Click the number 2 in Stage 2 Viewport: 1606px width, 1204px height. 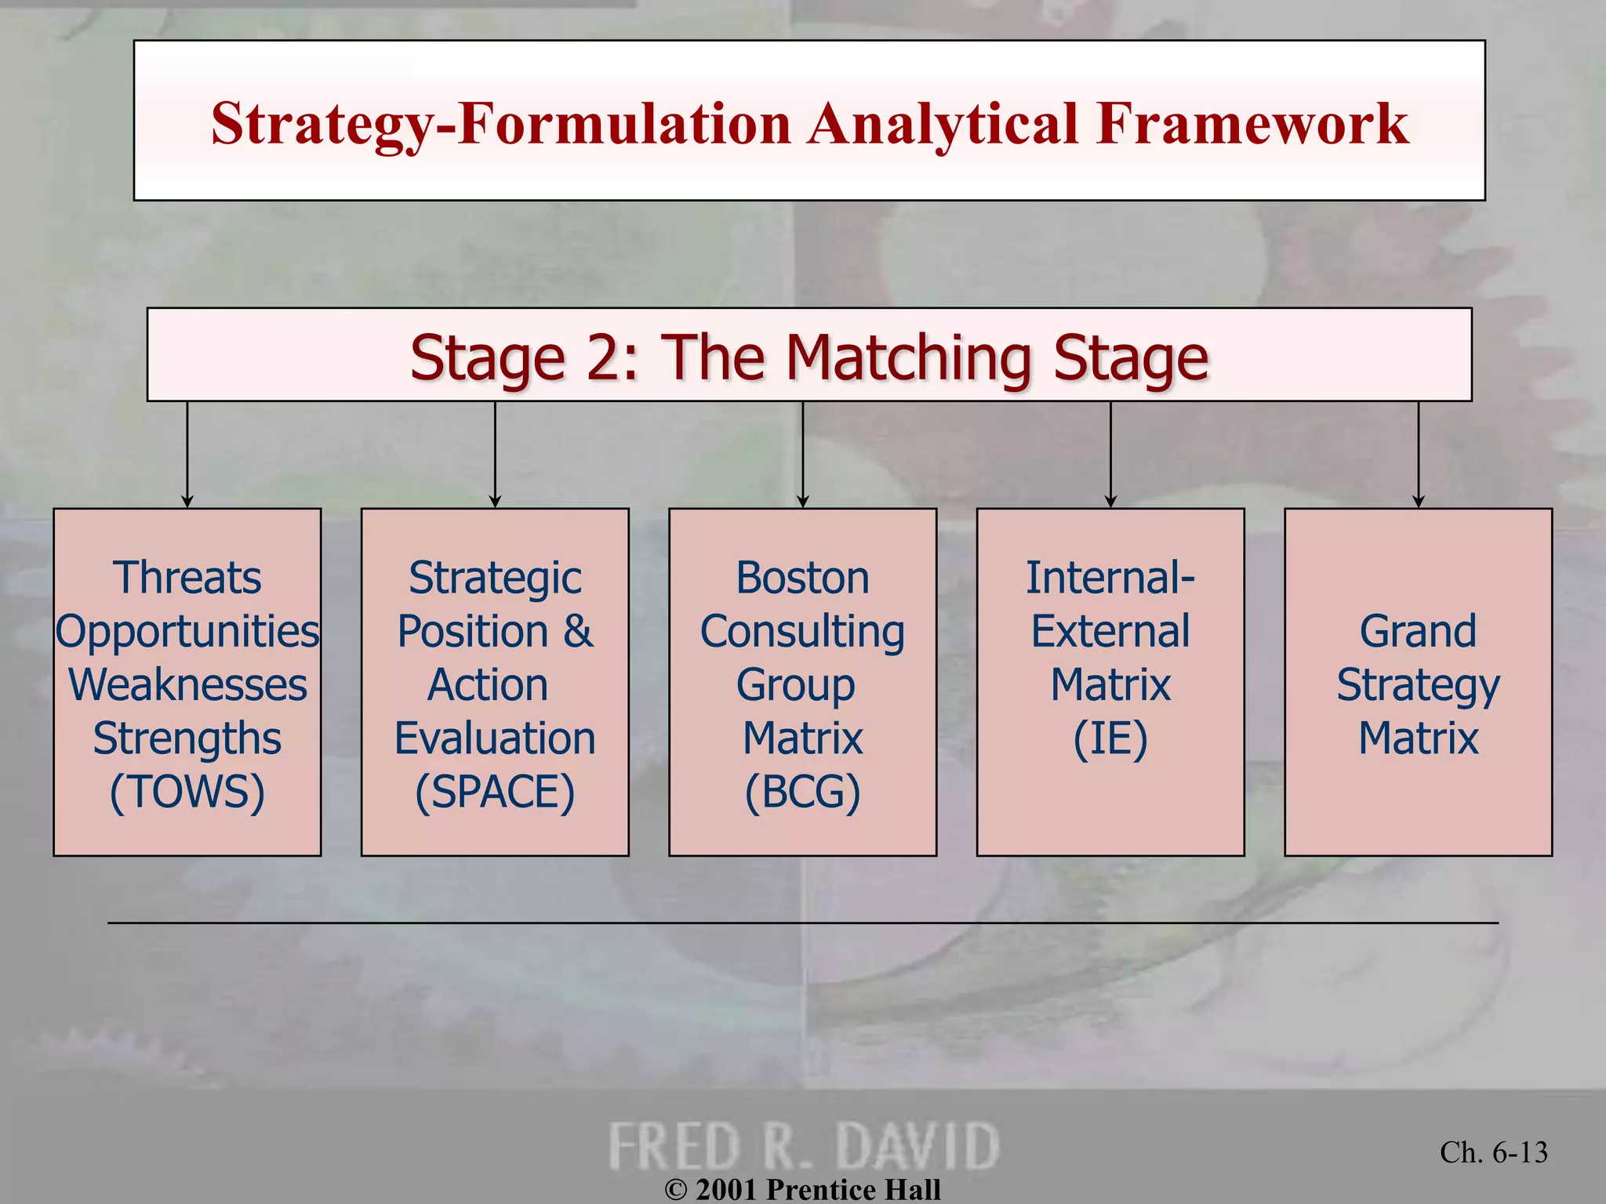pyautogui.click(x=602, y=357)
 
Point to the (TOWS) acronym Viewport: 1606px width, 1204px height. pyautogui.click(x=187, y=792)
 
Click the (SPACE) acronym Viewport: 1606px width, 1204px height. pyautogui.click(x=495, y=792)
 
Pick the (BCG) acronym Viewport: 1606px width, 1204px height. pyautogui.click(x=802, y=792)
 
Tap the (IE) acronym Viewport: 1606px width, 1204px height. pyautogui.click(x=1110, y=738)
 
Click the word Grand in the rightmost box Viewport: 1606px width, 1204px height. pyautogui.click(x=1418, y=631)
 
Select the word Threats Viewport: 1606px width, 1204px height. pyautogui.click(x=187, y=578)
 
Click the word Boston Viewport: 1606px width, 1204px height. pyautogui.click(x=802, y=578)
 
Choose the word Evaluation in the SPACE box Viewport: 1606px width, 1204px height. pyautogui.click(x=495, y=738)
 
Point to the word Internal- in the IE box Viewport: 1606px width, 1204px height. pyautogui.click(x=1110, y=578)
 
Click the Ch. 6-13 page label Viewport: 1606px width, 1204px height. pyautogui.click(x=1493, y=1152)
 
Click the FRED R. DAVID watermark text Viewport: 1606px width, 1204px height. pyautogui.click(x=804, y=1146)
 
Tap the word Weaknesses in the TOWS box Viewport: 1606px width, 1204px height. pyautogui.click(x=187, y=685)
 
